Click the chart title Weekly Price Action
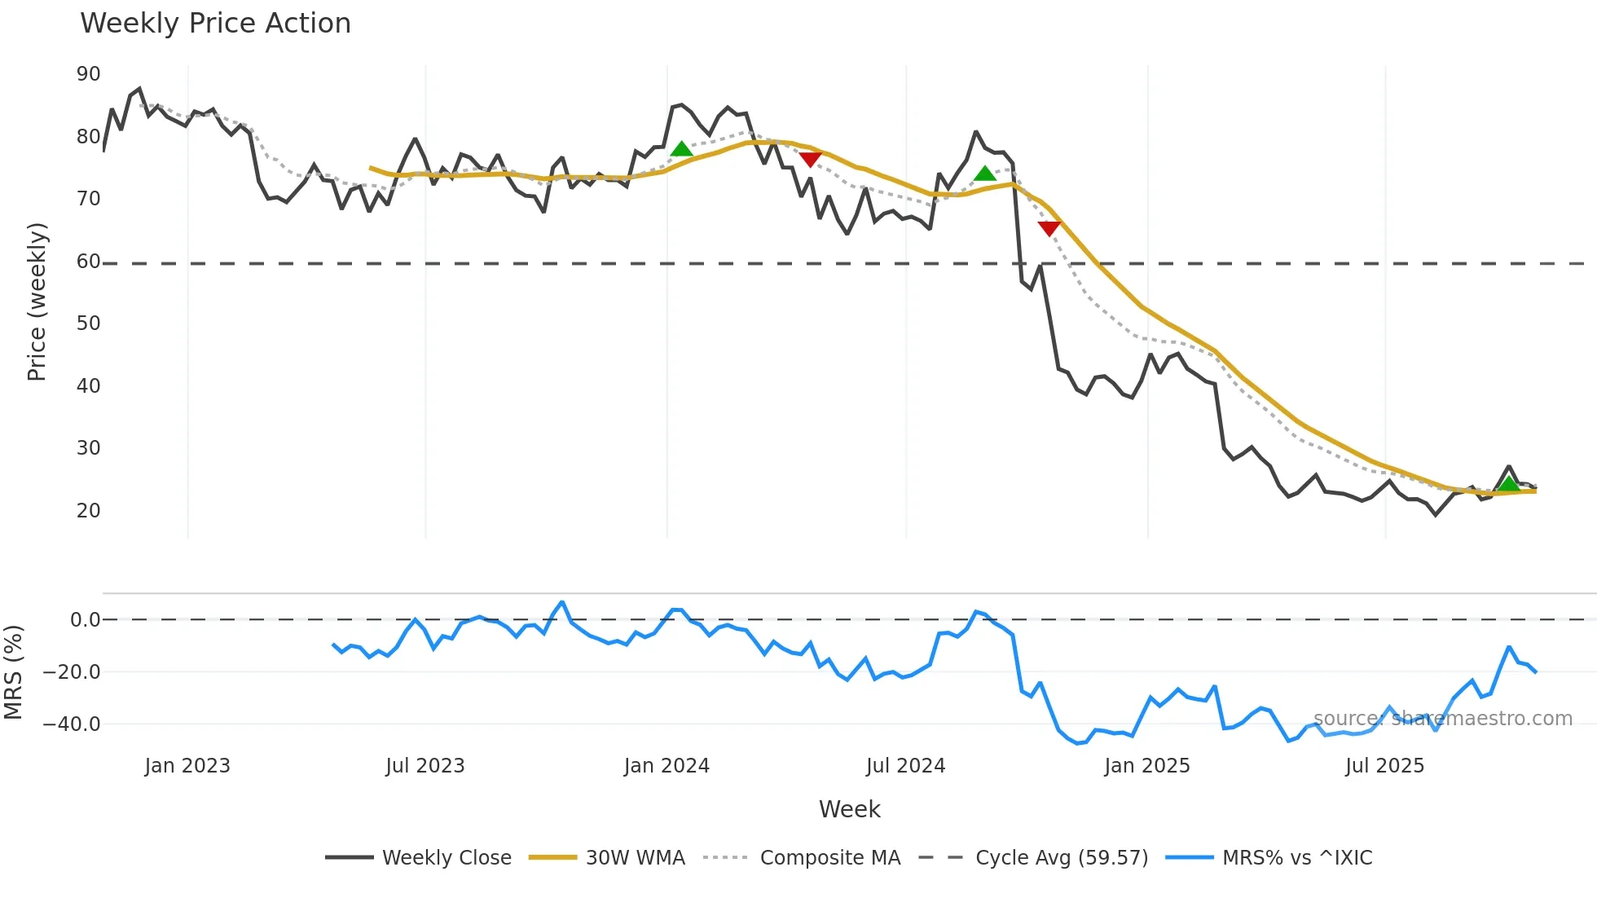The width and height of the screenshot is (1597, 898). pos(215,24)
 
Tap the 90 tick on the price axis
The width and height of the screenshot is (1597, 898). pos(88,74)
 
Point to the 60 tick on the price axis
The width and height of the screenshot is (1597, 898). pos(88,262)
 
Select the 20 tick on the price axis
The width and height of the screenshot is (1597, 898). pos(88,511)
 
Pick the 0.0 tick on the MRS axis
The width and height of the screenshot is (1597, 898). pos(85,620)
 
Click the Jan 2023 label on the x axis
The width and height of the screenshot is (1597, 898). pos(187,766)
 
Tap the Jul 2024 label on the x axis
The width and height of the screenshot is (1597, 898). pos(905,766)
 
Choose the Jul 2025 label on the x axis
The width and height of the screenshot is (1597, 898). pos(1384,766)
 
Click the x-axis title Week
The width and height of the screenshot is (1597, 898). pos(849,809)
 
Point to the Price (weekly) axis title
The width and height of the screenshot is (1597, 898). pos(37,302)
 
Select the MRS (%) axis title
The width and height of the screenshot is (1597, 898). pos(13,672)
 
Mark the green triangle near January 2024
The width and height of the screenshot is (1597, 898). pos(681,149)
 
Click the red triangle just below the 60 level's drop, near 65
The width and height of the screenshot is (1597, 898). pos(1049,228)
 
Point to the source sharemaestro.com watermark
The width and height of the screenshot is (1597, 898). pos(1442,719)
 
